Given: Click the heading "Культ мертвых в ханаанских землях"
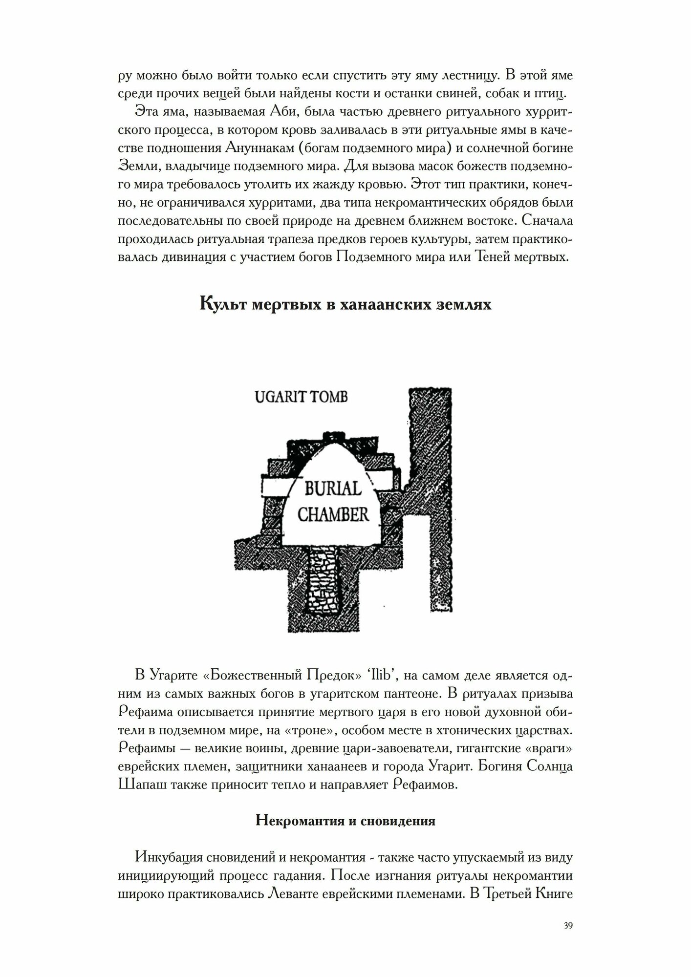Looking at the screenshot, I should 345,304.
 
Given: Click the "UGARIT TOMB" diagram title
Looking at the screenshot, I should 301,397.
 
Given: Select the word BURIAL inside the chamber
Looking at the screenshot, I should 333,488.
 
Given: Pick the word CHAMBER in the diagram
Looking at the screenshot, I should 333,514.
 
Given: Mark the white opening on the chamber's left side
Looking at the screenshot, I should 276,486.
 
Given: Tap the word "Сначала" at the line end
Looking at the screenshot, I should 547,220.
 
